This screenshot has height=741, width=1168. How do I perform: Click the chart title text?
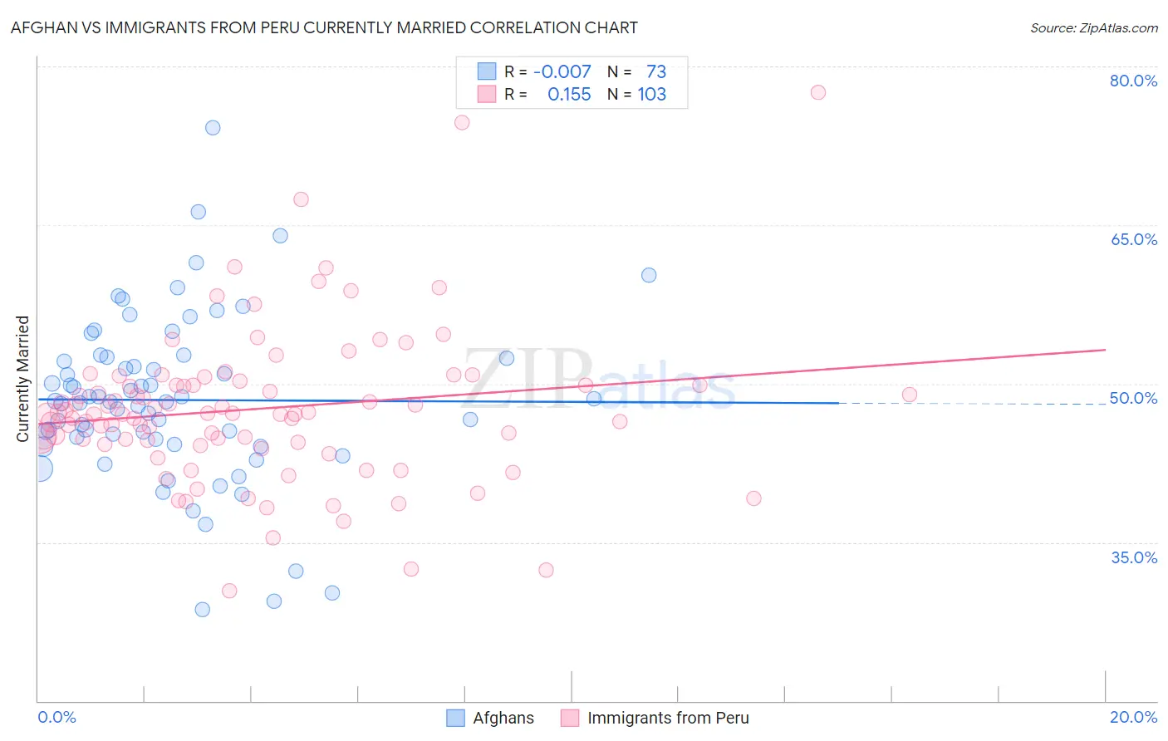(x=324, y=27)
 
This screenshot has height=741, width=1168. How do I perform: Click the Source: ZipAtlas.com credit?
(x=1093, y=27)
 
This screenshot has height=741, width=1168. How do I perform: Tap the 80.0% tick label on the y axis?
(x=1133, y=81)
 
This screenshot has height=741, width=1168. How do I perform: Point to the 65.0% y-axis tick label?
(x=1133, y=239)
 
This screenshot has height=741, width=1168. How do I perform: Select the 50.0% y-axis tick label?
(x=1133, y=398)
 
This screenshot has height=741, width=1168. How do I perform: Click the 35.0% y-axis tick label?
(x=1133, y=557)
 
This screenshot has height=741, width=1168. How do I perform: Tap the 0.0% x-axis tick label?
(x=56, y=717)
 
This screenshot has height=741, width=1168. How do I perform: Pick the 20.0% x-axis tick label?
(x=1133, y=717)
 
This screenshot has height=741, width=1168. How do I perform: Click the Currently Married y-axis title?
(x=22, y=378)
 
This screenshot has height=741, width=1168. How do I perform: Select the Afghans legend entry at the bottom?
(x=490, y=718)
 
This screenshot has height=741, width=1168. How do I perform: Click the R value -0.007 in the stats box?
(x=562, y=71)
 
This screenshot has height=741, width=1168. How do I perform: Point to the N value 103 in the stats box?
(x=651, y=94)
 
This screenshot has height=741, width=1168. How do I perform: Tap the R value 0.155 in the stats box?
(x=569, y=94)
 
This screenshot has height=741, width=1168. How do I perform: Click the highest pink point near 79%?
(x=818, y=92)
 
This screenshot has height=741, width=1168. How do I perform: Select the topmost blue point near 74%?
(x=213, y=128)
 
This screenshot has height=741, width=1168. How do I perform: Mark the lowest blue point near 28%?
(x=202, y=610)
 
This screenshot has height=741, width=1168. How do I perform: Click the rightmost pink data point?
(x=910, y=395)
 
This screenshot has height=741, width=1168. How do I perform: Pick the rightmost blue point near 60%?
(x=649, y=275)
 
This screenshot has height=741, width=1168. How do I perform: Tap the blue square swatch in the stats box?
(x=487, y=71)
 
